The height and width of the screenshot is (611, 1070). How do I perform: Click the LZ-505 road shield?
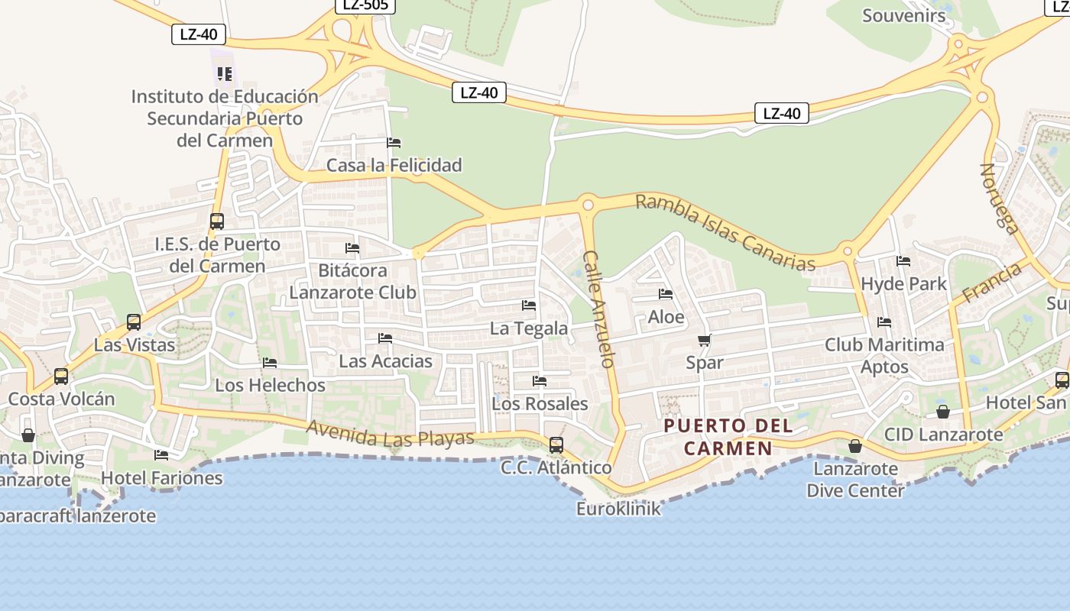(x=365, y=5)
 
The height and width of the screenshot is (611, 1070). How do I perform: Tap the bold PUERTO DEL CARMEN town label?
(x=728, y=437)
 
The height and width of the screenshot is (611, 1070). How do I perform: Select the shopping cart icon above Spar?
(x=704, y=341)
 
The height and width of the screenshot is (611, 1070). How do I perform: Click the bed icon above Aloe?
(x=666, y=294)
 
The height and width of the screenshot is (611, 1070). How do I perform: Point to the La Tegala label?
(x=529, y=328)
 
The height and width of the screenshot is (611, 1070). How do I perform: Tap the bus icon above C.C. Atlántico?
(x=556, y=445)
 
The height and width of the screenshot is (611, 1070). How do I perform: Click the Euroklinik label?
(x=618, y=509)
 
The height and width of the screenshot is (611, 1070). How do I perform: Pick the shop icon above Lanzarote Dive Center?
(x=855, y=446)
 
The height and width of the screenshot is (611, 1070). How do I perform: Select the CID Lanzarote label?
(x=943, y=435)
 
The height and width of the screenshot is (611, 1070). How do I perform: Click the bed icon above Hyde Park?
(x=903, y=261)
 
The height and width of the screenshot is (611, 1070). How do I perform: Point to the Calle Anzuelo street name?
(x=599, y=309)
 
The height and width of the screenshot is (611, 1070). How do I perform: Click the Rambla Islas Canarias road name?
(x=725, y=232)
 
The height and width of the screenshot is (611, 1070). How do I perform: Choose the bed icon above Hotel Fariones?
(x=161, y=455)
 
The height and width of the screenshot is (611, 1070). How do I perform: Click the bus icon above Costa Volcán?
(x=61, y=377)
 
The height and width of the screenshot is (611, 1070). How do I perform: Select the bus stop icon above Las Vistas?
(x=134, y=322)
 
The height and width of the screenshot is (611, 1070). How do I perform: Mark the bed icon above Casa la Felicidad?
(x=394, y=143)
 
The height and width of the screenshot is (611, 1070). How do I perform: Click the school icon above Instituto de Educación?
(x=224, y=74)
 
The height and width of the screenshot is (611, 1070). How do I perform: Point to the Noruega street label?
(x=1000, y=199)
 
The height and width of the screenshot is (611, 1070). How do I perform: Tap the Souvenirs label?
(x=903, y=15)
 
